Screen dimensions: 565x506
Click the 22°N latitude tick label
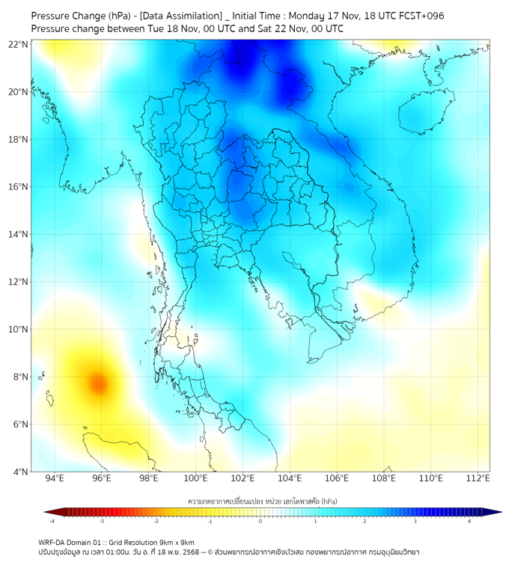tap(19, 44)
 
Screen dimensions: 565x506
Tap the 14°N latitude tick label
tap(19, 235)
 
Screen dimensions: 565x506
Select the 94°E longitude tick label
tap(55, 478)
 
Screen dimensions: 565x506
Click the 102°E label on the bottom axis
tap(243, 478)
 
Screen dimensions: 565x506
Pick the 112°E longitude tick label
tap(478, 478)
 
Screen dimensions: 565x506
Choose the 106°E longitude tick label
tap(337, 478)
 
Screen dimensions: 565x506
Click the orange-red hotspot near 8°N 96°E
tap(98, 384)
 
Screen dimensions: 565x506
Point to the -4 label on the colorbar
tap(52, 521)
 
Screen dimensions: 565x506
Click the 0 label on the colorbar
tap(260, 521)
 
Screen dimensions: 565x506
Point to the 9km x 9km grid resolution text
tap(176, 542)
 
